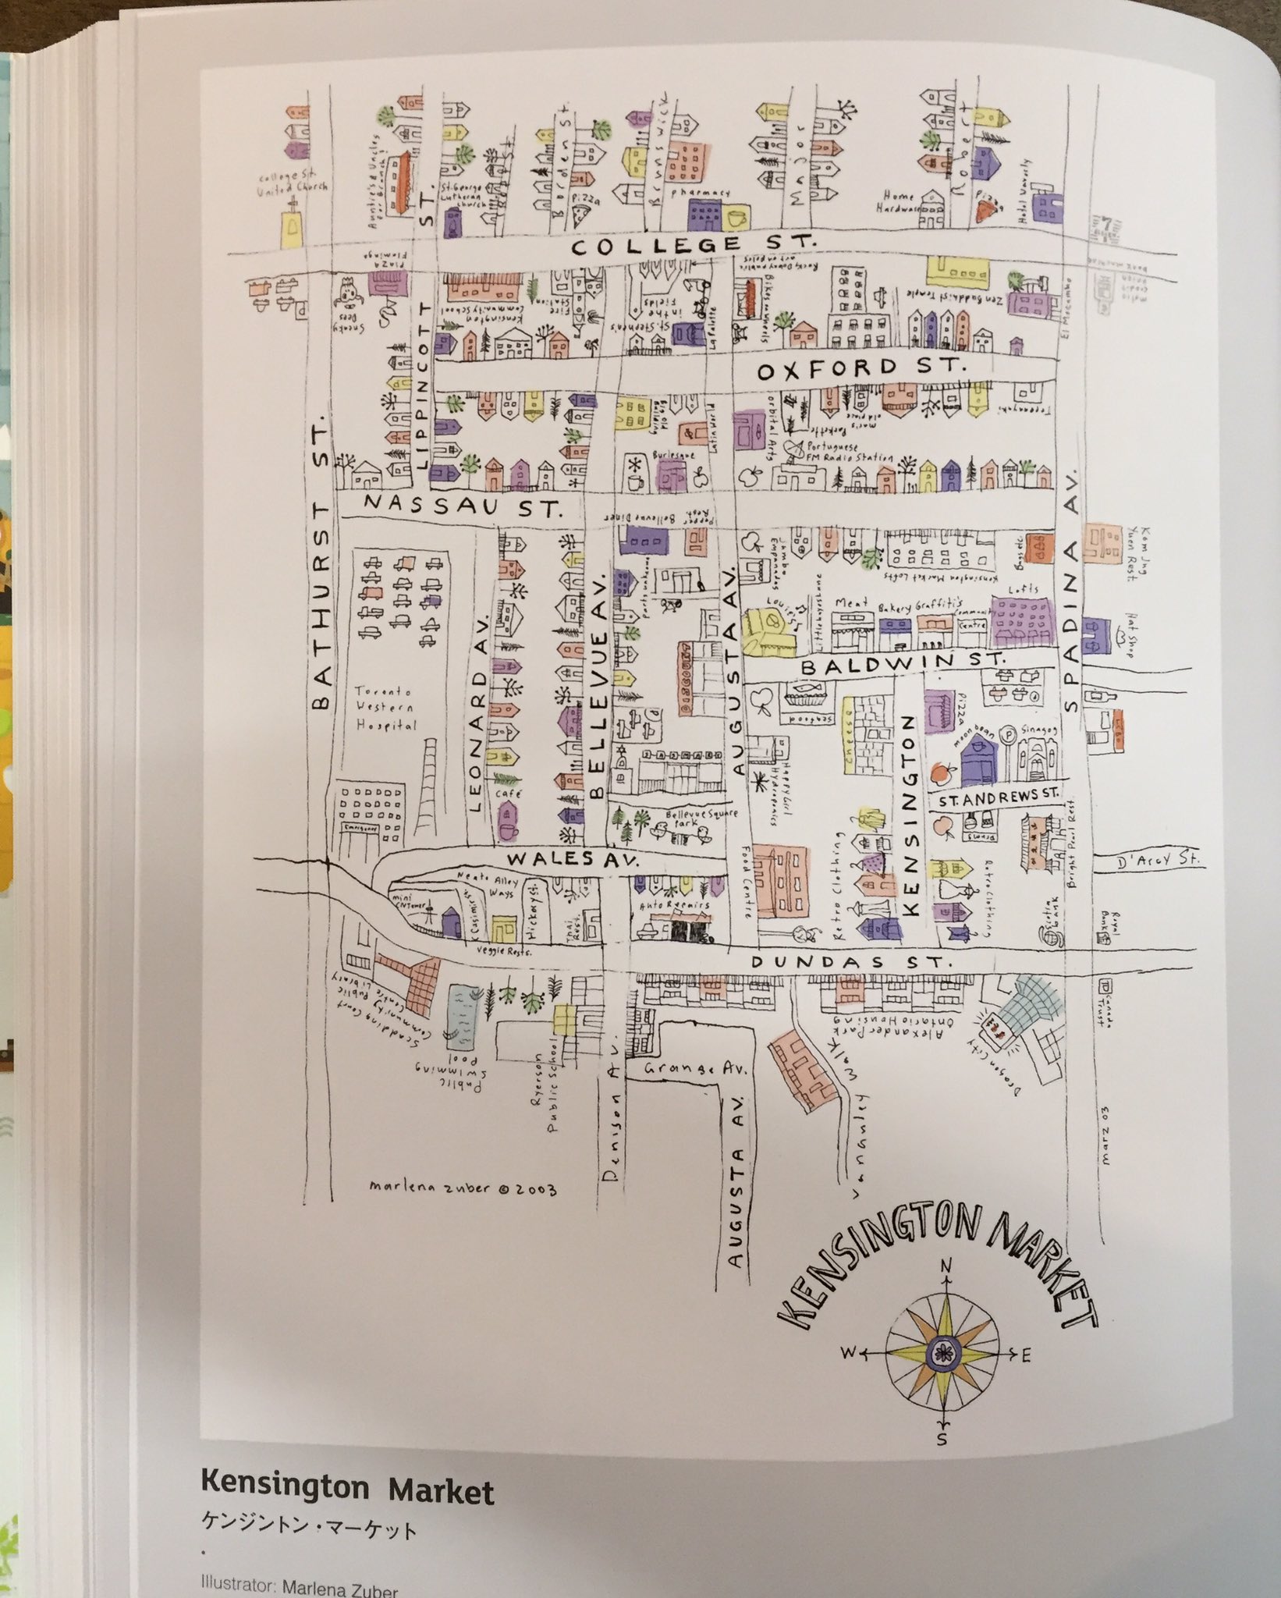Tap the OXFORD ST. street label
tap(861, 368)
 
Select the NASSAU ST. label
tap(463, 506)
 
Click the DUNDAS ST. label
tap(851, 963)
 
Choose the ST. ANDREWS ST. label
tap(998, 798)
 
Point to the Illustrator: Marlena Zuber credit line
tap(299, 1585)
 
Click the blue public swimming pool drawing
tap(469, 1014)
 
